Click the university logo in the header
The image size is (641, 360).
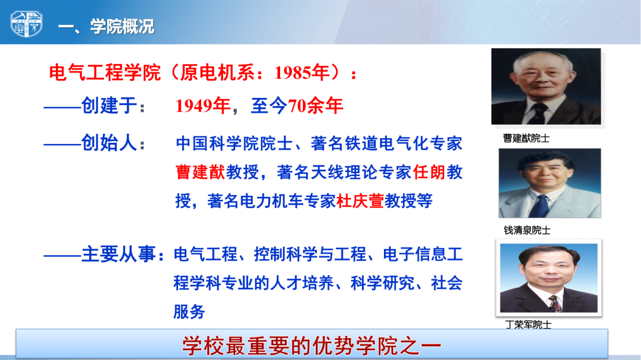click(x=27, y=24)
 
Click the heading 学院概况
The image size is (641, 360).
click(x=122, y=27)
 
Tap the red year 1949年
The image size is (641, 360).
click(x=203, y=106)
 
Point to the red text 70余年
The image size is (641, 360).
click(x=315, y=106)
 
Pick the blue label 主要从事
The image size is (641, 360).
click(x=119, y=254)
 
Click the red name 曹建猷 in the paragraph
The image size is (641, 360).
click(x=201, y=172)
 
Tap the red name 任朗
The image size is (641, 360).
click(x=429, y=172)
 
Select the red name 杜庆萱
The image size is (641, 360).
click(x=360, y=200)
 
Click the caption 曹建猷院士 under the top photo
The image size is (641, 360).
click(x=526, y=138)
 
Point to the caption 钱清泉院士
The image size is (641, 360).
click(x=527, y=230)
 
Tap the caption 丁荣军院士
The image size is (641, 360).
click(x=528, y=324)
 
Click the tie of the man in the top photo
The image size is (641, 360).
click(x=538, y=114)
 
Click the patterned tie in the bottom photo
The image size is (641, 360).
click(x=555, y=304)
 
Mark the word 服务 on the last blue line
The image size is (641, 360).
click(x=189, y=312)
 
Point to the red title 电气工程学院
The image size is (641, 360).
click(x=104, y=73)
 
